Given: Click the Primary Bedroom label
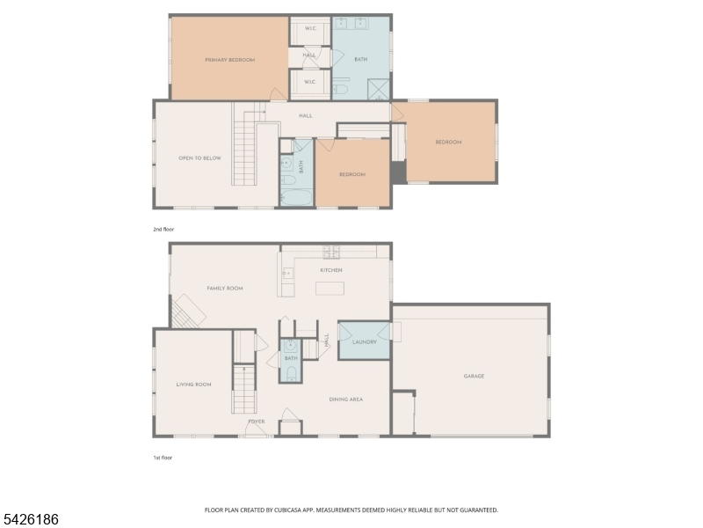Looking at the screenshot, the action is [x=230, y=60].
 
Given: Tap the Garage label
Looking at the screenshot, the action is [x=474, y=377].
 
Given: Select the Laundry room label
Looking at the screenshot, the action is [x=365, y=342].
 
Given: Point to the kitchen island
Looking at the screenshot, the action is [x=330, y=289].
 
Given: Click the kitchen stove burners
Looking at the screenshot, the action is [x=331, y=252].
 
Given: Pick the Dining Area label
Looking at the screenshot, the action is [x=346, y=400].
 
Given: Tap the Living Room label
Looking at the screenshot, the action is [x=193, y=385].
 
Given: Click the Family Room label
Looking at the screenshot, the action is [x=225, y=289].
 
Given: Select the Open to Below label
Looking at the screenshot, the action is [x=200, y=158].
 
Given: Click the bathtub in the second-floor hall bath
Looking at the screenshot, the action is [x=296, y=197].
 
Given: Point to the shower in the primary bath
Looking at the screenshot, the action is [x=379, y=90].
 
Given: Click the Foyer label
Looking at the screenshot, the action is [x=257, y=422].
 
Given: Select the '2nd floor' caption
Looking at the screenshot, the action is [x=163, y=230].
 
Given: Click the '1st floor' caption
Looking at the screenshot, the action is [x=163, y=458].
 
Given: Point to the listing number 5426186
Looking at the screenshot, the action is [x=30, y=519].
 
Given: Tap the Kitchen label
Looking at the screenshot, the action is [x=331, y=270].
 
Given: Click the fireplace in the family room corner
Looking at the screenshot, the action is [x=189, y=312].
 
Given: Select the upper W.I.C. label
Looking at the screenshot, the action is [x=311, y=28].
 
